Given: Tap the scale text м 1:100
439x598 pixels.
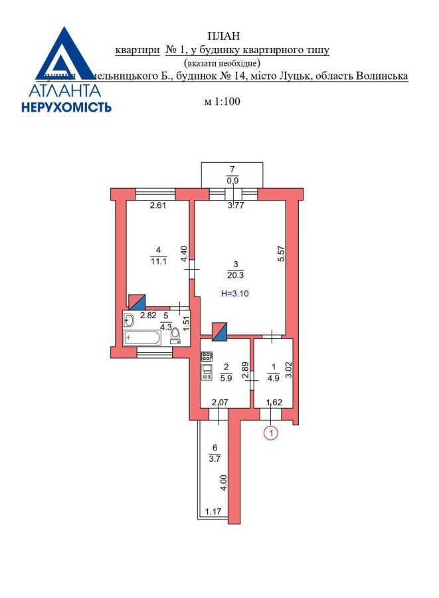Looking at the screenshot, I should tap(222, 102).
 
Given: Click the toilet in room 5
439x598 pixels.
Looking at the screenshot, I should tap(175, 337).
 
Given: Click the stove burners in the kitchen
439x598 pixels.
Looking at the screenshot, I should tap(207, 355).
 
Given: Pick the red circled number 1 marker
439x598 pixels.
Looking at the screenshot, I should tap(270, 433).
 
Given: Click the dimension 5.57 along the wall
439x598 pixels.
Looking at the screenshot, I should tap(282, 254).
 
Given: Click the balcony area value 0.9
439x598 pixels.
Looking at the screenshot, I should tap(233, 180).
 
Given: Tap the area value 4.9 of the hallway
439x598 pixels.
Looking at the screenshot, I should tap(273, 378).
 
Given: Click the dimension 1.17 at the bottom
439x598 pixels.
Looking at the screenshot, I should tap(213, 512).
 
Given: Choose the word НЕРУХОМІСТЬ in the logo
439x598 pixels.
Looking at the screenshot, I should tap(66, 106).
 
